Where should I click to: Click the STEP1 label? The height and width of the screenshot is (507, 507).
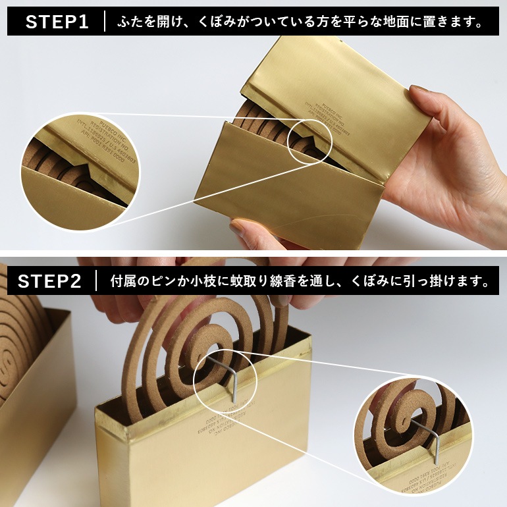57,22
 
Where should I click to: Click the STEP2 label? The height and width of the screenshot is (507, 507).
49,281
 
